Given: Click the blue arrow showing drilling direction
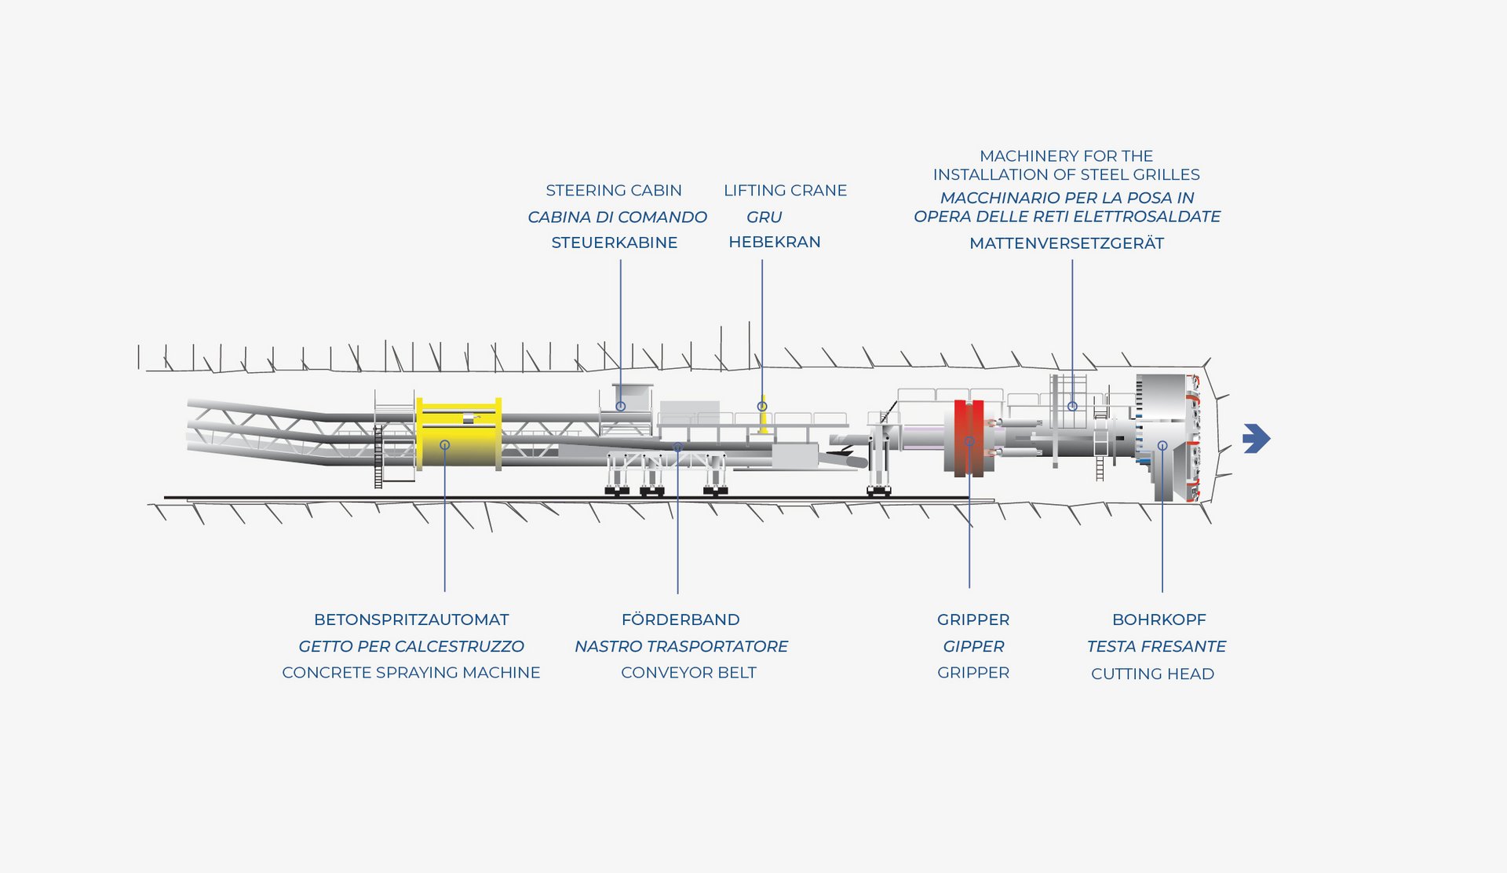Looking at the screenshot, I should coord(1256,439).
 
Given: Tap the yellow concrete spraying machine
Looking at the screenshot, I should coord(458,434).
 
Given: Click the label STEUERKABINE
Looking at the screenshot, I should coord(614,243).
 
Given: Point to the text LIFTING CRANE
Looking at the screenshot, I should coord(785,191).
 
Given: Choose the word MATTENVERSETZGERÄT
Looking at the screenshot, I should coord(1066,243).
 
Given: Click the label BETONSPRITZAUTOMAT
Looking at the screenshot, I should coord(411,619).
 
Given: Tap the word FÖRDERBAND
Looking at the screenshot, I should coord(680,619).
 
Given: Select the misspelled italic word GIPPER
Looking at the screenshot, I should coord(973,646).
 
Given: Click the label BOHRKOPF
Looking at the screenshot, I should coord(1159,619).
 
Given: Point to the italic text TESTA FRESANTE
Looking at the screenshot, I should coord(1156,646).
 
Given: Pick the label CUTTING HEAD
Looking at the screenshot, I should coord(1152,674).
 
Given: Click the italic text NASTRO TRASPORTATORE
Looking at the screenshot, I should coord(681,646).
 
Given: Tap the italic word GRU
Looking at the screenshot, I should coord(764,217).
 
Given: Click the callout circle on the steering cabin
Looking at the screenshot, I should coord(620,406).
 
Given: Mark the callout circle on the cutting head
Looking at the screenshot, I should coord(1162,445).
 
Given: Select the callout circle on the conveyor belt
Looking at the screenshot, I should coord(678,447).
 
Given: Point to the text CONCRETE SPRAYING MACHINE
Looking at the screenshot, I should coord(411,673).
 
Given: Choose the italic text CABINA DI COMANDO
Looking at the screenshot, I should coord(617,217).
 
